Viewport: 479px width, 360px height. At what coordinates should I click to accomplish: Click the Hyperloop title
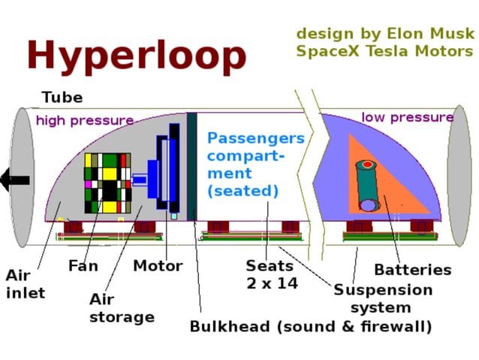click(136, 55)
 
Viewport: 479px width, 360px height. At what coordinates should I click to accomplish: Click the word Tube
click(62, 98)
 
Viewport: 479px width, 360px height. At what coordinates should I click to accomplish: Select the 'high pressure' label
click(85, 120)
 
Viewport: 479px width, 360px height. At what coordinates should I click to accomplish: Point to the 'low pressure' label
click(408, 117)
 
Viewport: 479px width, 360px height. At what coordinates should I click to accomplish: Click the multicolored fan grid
click(107, 183)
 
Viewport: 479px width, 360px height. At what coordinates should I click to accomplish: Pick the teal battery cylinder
click(368, 186)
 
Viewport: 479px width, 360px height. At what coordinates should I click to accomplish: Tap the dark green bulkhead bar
click(192, 165)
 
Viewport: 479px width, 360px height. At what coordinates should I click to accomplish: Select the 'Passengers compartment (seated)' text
click(255, 165)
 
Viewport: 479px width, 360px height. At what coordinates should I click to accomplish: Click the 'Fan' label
click(83, 266)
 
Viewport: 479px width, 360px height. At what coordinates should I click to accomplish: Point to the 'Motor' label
click(158, 266)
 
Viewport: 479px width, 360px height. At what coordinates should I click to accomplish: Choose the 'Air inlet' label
click(25, 285)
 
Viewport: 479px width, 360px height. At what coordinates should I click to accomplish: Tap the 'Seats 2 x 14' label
click(271, 274)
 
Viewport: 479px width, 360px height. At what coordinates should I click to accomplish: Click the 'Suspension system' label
click(383, 298)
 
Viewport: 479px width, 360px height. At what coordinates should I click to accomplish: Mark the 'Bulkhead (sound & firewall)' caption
click(310, 327)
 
